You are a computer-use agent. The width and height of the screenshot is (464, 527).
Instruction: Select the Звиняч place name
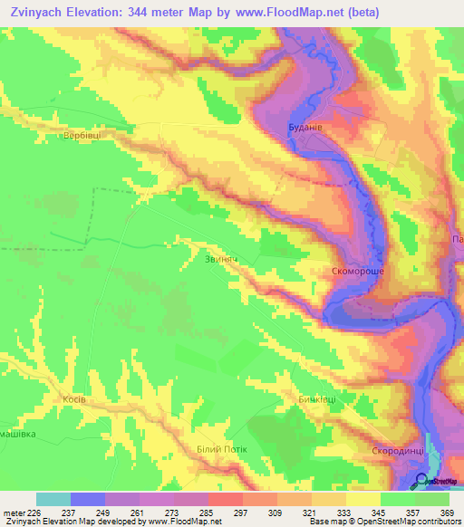coord(221,258)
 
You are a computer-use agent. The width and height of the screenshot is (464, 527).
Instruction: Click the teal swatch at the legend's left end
coord(53,499)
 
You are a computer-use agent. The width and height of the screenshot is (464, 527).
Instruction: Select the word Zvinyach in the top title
coord(43,13)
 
